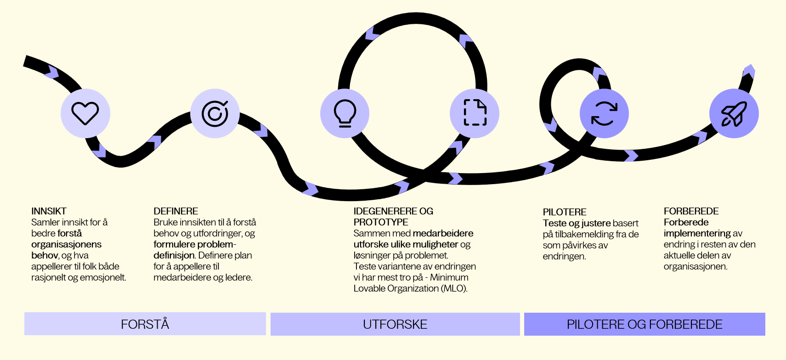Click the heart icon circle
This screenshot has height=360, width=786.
tap(85, 113)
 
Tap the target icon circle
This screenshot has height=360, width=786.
tap(215, 113)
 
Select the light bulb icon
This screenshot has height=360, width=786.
tap(345, 113)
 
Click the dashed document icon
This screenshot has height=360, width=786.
tap(475, 113)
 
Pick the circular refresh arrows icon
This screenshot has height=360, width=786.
tap(604, 113)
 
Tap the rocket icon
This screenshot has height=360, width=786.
tap(734, 113)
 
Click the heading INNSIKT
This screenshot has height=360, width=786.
tap(49, 211)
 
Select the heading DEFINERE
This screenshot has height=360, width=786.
tap(175, 211)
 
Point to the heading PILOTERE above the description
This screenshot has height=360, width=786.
tap(564, 212)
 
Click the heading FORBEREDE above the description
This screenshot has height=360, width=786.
tap(691, 211)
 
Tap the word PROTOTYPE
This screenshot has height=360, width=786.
tap(381, 222)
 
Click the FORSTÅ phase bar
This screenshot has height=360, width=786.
tap(145, 324)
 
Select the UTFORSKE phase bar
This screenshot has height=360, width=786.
tap(395, 324)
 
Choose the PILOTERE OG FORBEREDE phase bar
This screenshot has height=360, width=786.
tap(645, 324)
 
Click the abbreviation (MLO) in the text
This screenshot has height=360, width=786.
tap(454, 288)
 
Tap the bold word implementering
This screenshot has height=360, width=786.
tap(697, 233)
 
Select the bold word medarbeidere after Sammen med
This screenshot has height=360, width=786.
tap(443, 233)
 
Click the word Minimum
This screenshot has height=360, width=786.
tap(449, 277)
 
